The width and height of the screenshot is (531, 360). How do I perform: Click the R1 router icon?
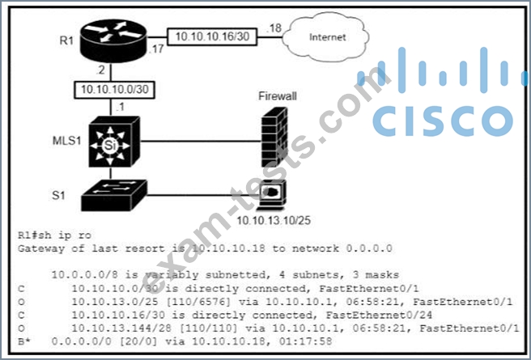point(113,41)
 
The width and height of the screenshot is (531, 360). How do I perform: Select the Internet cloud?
point(326,37)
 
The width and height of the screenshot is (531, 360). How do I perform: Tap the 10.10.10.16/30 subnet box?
point(212,37)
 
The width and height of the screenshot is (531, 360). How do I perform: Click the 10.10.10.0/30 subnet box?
point(114,90)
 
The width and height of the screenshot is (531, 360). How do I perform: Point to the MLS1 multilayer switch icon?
point(114,142)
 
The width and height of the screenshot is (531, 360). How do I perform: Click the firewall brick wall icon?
point(274,137)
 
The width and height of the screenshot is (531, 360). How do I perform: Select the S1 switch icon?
point(114,195)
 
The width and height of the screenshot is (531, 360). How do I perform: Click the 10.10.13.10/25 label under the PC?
point(274,221)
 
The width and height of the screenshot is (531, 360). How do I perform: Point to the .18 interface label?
point(274,28)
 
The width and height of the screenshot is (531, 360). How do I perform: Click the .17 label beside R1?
point(156,49)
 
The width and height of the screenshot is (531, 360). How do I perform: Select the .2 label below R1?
point(100,70)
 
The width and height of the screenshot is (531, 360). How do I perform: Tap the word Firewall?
point(278,96)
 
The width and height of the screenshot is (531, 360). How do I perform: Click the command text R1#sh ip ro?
point(54,235)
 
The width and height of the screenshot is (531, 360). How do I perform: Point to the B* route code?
point(24,341)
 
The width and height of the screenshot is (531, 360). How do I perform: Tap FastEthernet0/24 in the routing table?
point(379,315)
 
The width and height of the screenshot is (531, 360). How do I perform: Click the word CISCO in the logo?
point(443,121)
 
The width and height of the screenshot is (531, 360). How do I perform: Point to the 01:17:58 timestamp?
point(305,341)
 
